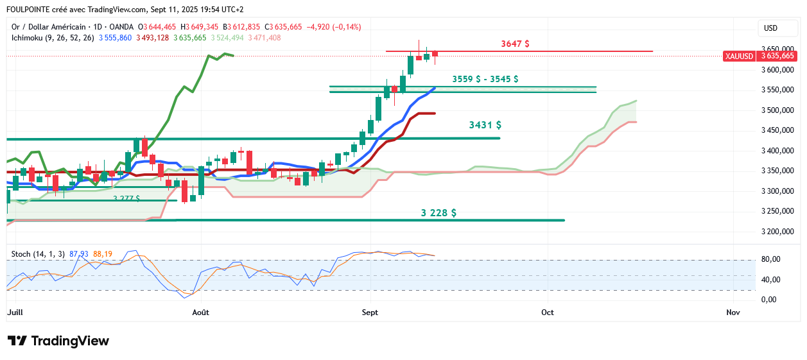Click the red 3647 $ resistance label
[x=515, y=44]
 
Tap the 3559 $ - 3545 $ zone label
[x=485, y=79]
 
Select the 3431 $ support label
[x=485, y=125]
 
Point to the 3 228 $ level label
[x=438, y=212]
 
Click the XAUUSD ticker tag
[x=739, y=56]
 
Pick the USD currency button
[x=770, y=28]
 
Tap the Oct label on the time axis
[x=548, y=313]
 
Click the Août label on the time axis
[x=201, y=313]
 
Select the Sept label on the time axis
[x=370, y=313]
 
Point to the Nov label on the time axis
[x=733, y=313]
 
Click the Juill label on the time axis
[x=14, y=313]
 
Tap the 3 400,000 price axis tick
[x=777, y=151]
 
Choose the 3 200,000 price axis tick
[x=777, y=232]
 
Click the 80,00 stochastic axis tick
[x=770, y=259]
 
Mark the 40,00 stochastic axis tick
[x=770, y=280]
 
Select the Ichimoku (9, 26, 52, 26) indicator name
[x=53, y=38]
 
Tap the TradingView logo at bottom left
[x=58, y=341]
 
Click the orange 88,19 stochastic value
[x=103, y=254]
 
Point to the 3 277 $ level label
[x=126, y=199]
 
